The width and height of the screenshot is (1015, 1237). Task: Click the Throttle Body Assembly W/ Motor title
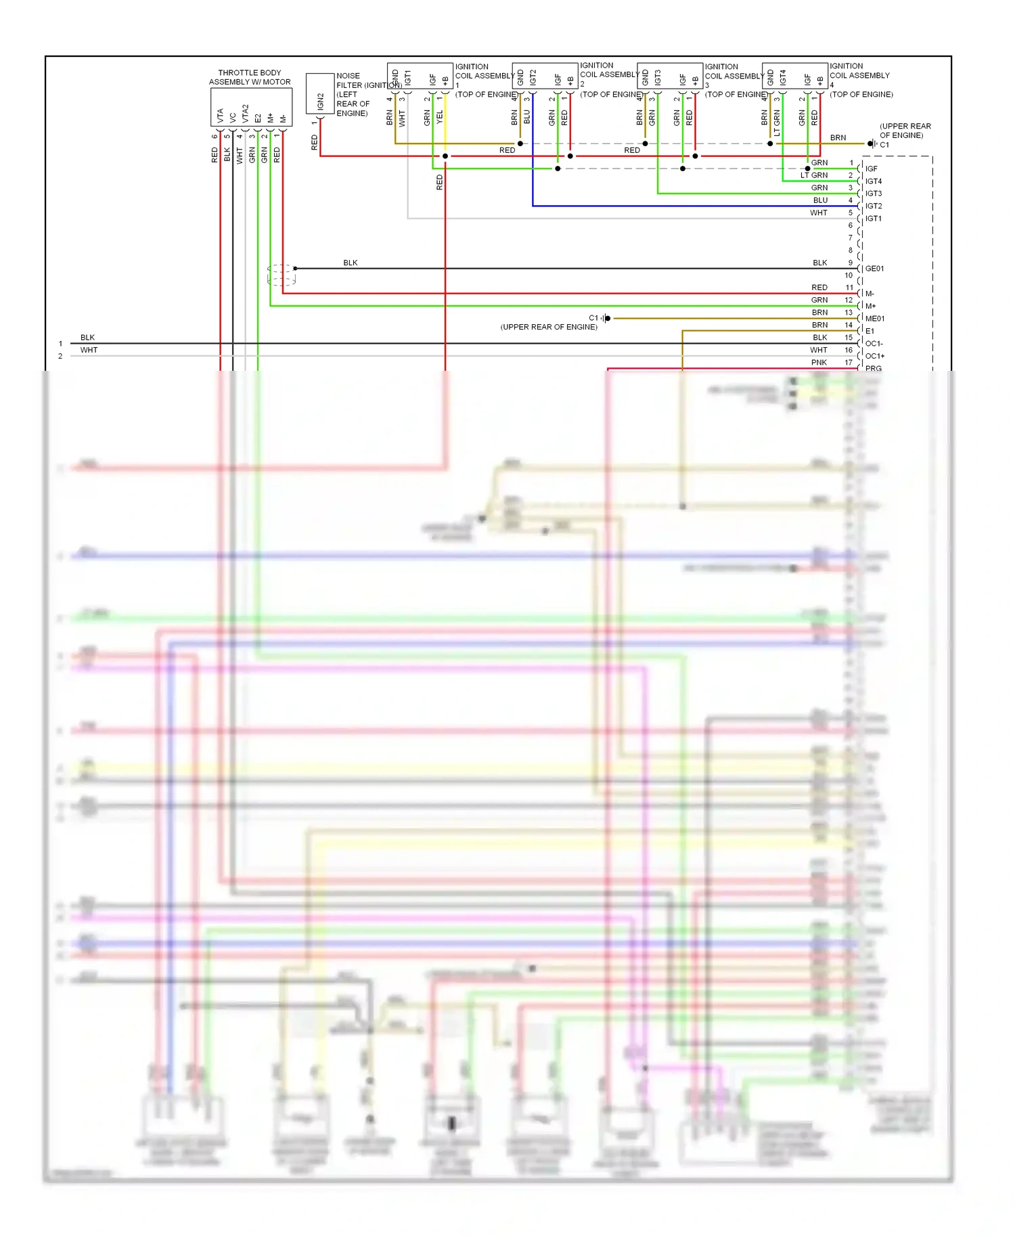click(250, 77)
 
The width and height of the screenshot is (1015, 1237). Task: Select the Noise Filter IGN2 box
click(320, 94)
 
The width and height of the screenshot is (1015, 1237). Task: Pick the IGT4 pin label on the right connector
click(874, 181)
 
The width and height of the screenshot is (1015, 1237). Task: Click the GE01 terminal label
click(874, 269)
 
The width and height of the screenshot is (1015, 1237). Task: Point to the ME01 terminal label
click(874, 319)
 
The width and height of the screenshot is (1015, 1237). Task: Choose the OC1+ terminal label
click(874, 356)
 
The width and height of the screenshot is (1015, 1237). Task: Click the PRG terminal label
click(873, 369)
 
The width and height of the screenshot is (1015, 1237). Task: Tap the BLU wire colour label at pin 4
click(820, 200)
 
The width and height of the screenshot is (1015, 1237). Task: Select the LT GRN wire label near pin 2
click(813, 175)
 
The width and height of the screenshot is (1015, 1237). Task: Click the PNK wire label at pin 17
click(819, 363)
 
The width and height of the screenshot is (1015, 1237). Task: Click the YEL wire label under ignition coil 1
click(440, 117)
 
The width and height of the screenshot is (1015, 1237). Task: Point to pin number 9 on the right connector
click(851, 263)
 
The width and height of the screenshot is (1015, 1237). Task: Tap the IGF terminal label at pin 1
click(871, 168)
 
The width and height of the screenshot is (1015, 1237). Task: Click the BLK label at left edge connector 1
click(87, 338)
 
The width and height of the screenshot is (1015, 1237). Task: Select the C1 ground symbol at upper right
click(872, 143)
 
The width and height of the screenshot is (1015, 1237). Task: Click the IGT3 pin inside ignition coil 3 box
click(657, 78)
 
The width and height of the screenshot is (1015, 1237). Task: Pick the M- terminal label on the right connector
click(870, 294)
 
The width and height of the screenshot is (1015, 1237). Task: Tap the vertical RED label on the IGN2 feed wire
click(314, 142)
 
